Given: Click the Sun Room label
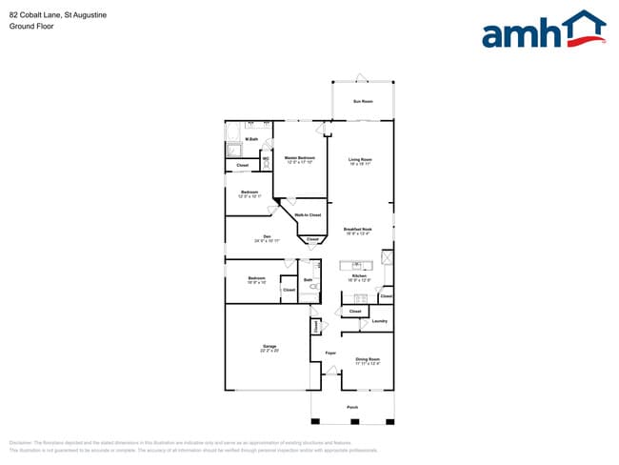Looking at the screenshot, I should click(363, 100).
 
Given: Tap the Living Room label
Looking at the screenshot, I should click(359, 159).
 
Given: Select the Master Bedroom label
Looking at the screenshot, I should click(301, 157).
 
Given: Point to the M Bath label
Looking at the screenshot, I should click(251, 139).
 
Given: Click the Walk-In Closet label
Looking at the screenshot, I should click(308, 215).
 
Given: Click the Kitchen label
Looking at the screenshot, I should click(359, 275).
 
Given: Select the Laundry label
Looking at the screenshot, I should click(379, 321).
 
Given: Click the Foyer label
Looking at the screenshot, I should click(330, 354).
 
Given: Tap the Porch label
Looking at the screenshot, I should click(352, 407).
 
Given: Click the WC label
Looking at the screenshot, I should click(266, 158).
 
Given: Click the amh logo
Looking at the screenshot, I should click(544, 30).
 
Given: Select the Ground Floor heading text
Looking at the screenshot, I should click(32, 27).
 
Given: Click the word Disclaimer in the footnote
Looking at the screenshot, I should click(20, 443).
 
